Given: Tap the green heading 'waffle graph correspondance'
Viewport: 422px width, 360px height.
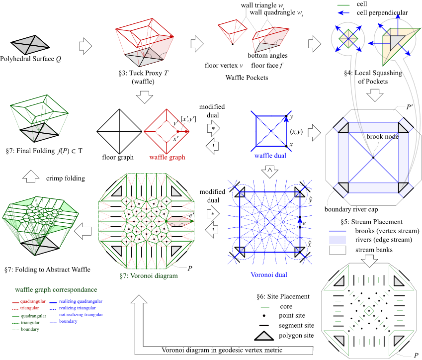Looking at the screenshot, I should pyautogui.click(x=56, y=289).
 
